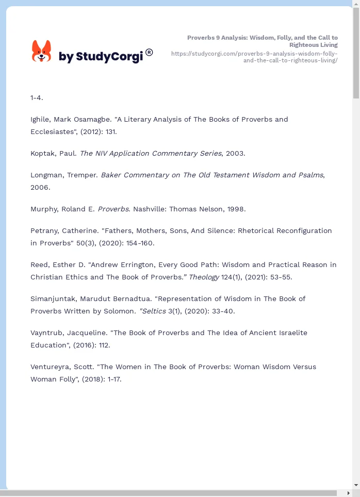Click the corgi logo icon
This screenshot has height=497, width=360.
(x=42, y=51)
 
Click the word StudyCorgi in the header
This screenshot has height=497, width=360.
(x=109, y=57)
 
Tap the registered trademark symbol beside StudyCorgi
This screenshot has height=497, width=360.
(x=149, y=52)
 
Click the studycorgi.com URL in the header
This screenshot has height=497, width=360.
(x=254, y=57)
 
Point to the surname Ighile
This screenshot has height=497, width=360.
(x=42, y=120)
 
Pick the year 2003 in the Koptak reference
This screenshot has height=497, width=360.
(x=235, y=154)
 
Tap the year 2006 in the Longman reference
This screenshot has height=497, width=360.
(x=39, y=188)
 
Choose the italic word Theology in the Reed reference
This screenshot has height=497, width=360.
(x=204, y=277)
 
